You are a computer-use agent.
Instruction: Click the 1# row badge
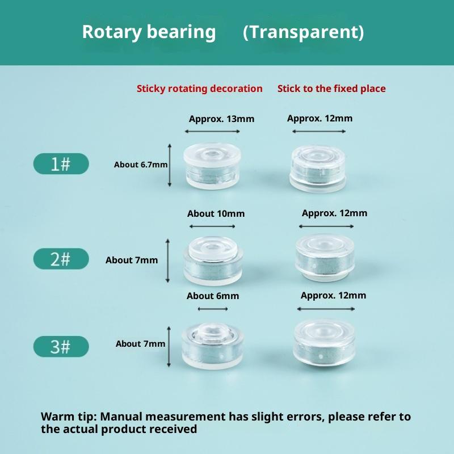point(61,163)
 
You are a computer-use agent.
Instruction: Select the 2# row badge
point(61,259)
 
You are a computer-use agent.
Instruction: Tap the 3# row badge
point(61,346)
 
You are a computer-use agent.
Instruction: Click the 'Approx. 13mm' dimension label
point(221,119)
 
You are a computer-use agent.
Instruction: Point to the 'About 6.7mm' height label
point(141,165)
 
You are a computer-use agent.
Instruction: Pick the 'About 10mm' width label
point(216,214)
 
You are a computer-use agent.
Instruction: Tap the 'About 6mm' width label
point(213,296)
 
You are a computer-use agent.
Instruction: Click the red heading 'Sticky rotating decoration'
point(200,89)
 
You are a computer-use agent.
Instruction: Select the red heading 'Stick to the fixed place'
point(331,89)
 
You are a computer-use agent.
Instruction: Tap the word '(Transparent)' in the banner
point(304,32)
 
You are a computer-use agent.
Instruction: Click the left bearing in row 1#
point(212,166)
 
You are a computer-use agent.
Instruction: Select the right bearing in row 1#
point(318,168)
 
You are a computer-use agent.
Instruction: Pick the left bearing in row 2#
point(213,260)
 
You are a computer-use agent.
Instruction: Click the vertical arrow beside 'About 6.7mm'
point(170,165)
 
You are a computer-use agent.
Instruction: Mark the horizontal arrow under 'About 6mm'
point(213,309)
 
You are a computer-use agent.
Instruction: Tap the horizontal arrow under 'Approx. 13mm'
point(212,132)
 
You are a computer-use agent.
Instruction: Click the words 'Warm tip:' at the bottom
point(68,417)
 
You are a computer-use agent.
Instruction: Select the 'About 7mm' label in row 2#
point(132,260)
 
